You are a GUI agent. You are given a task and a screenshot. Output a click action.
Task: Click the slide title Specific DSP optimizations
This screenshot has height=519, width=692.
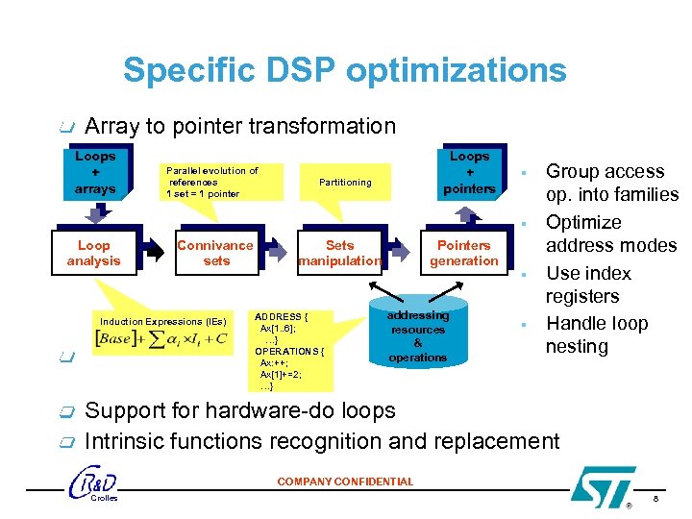(x=344, y=70)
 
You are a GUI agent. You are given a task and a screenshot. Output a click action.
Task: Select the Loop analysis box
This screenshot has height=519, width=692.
(x=93, y=253)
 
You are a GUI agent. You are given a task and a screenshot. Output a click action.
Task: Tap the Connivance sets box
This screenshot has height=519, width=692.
(x=216, y=253)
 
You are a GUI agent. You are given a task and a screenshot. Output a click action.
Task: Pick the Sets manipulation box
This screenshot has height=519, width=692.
(x=340, y=253)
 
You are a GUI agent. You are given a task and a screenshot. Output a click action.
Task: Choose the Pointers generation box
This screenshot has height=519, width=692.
(x=463, y=253)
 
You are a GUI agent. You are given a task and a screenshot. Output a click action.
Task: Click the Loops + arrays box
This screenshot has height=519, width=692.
(x=95, y=172)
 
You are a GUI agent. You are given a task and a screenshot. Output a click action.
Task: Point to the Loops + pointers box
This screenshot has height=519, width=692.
(x=469, y=172)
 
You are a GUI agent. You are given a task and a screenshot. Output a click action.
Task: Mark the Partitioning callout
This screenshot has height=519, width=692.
(x=345, y=182)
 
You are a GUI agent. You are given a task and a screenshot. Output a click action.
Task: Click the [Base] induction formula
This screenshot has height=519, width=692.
(x=162, y=339)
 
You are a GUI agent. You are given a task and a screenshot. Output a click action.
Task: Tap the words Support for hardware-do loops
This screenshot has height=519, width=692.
(x=240, y=410)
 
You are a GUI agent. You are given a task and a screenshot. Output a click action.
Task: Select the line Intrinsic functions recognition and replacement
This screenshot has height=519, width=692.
(x=321, y=441)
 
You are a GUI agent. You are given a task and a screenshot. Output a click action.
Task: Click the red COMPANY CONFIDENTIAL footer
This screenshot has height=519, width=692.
(x=345, y=482)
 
